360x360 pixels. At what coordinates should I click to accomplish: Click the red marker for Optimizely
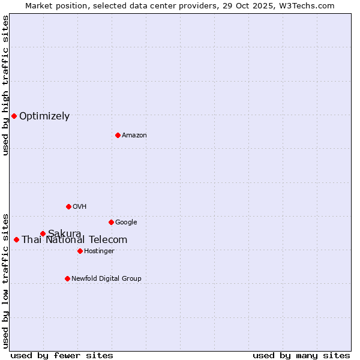tap(14, 116)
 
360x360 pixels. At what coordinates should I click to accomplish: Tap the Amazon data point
tap(118, 135)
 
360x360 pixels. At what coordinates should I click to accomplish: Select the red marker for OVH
tap(68, 206)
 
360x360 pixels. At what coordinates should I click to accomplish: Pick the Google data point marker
tap(111, 222)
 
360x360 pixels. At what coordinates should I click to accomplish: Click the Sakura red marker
tap(43, 233)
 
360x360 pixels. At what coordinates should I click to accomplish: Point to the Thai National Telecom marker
tap(16, 239)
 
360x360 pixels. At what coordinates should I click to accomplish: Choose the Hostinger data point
tap(80, 251)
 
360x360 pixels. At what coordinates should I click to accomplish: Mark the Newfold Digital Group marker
tap(67, 278)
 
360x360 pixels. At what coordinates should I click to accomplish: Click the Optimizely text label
tap(44, 116)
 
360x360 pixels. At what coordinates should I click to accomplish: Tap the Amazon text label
tap(134, 136)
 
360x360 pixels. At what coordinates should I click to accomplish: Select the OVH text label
tap(80, 207)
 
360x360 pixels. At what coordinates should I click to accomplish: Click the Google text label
tap(126, 223)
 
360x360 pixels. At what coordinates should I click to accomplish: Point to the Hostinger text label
tap(99, 251)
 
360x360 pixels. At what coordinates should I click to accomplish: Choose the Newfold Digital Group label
tap(106, 279)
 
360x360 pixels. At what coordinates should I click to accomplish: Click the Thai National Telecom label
tap(74, 240)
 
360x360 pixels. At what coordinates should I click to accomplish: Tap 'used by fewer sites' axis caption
tap(62, 355)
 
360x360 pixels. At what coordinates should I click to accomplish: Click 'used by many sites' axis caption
tap(301, 355)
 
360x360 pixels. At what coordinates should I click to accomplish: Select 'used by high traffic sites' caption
tap(6, 85)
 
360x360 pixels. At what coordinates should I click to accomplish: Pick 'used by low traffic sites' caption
tap(6, 280)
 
